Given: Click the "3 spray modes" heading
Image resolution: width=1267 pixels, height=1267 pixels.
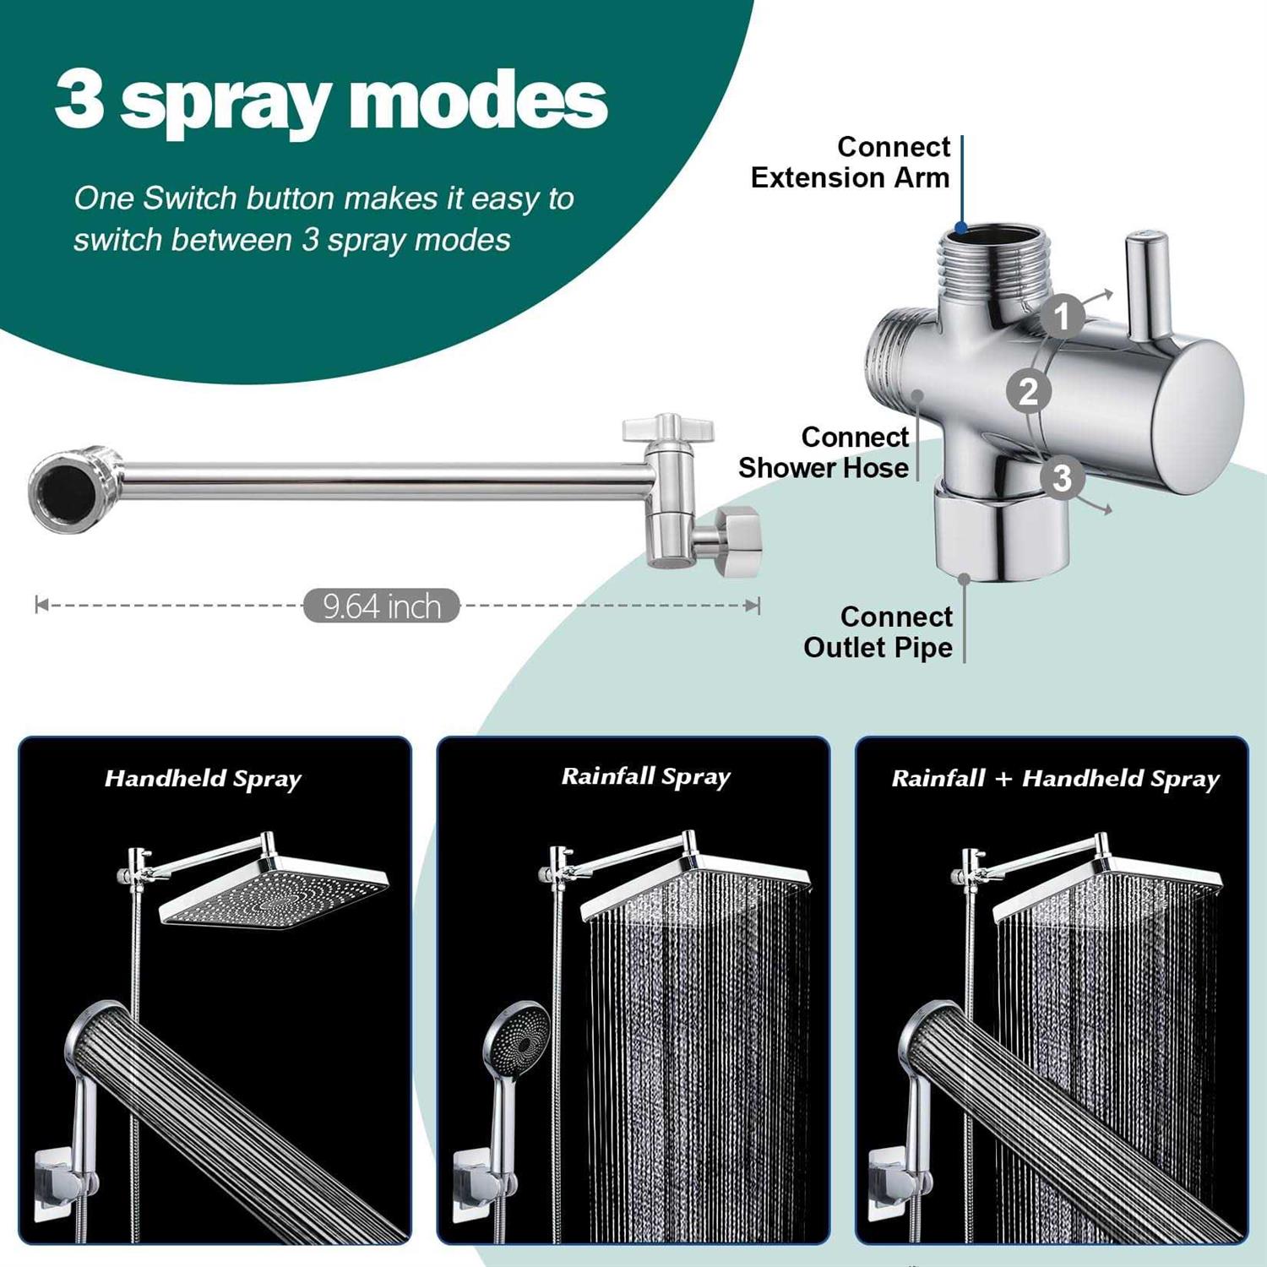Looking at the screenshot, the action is click(331, 101).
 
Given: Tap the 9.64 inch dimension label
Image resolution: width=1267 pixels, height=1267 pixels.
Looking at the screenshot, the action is click(382, 606).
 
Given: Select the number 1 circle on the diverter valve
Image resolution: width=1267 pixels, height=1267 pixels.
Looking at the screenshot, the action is click(1062, 316).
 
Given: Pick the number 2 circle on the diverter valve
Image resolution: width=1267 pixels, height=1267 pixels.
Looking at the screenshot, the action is click(1029, 392).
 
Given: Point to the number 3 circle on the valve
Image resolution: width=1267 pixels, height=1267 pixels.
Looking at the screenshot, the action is click(1063, 478).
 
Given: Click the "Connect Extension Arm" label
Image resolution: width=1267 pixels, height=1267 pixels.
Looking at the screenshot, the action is click(851, 162).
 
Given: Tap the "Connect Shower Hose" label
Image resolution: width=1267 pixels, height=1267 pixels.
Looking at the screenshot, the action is click(824, 453).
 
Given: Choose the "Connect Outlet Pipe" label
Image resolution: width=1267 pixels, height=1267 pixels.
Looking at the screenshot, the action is click(878, 632).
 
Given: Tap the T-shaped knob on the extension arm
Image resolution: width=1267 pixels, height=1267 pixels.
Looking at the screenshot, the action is click(668, 428).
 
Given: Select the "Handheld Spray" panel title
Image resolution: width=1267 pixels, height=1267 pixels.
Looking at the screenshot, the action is click(203, 779).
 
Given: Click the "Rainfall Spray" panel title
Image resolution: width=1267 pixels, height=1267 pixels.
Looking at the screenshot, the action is click(646, 777).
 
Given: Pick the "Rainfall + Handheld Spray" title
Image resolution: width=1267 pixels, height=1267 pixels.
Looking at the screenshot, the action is click(1056, 779).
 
